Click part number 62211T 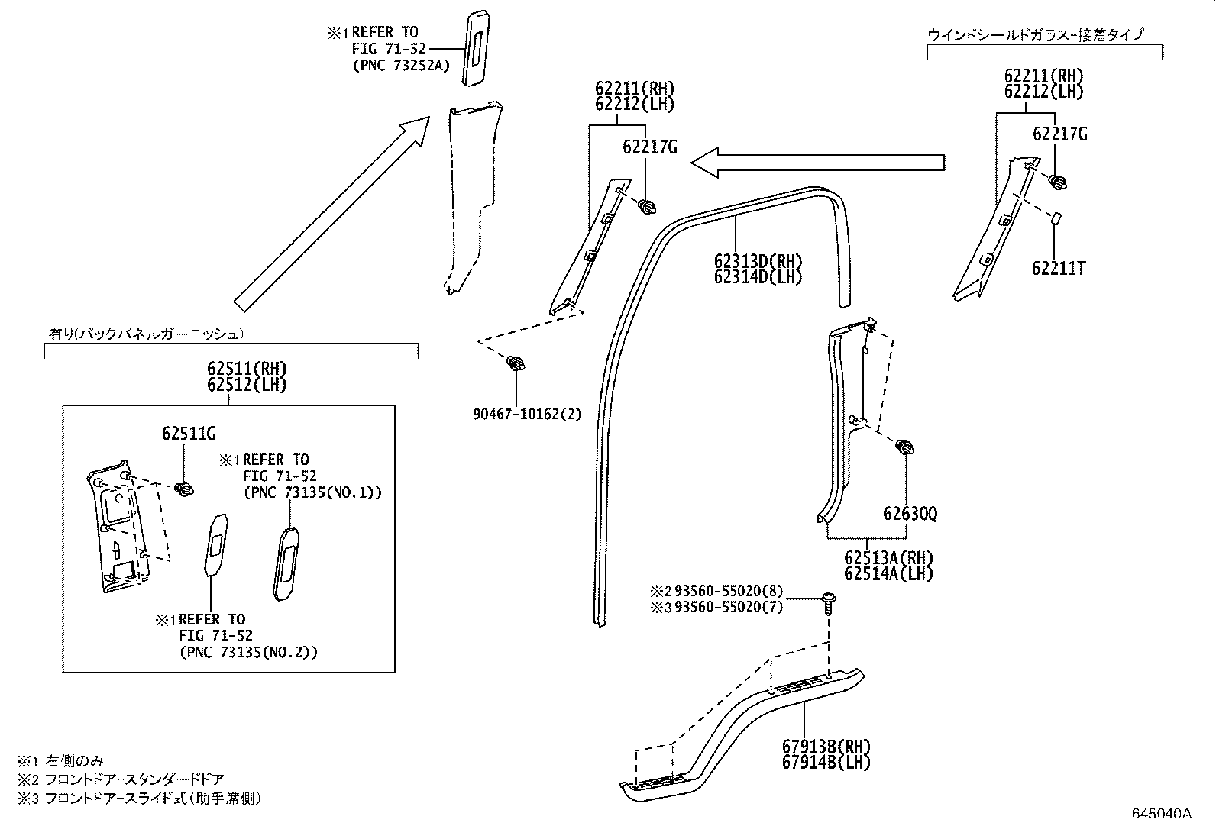(1058, 269)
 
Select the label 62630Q (910, 514)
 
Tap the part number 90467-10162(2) (526, 415)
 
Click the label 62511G (189, 434)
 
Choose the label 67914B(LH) (826, 761)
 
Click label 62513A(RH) (888, 558)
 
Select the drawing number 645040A (1161, 813)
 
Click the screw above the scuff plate (828, 602)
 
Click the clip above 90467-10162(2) (516, 363)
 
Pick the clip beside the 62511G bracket (183, 489)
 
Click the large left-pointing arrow (817, 162)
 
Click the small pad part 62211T (1055, 218)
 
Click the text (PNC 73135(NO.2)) (248, 652)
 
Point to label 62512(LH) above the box (247, 385)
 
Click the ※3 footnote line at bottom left (141, 799)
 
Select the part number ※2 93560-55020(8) (716, 591)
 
